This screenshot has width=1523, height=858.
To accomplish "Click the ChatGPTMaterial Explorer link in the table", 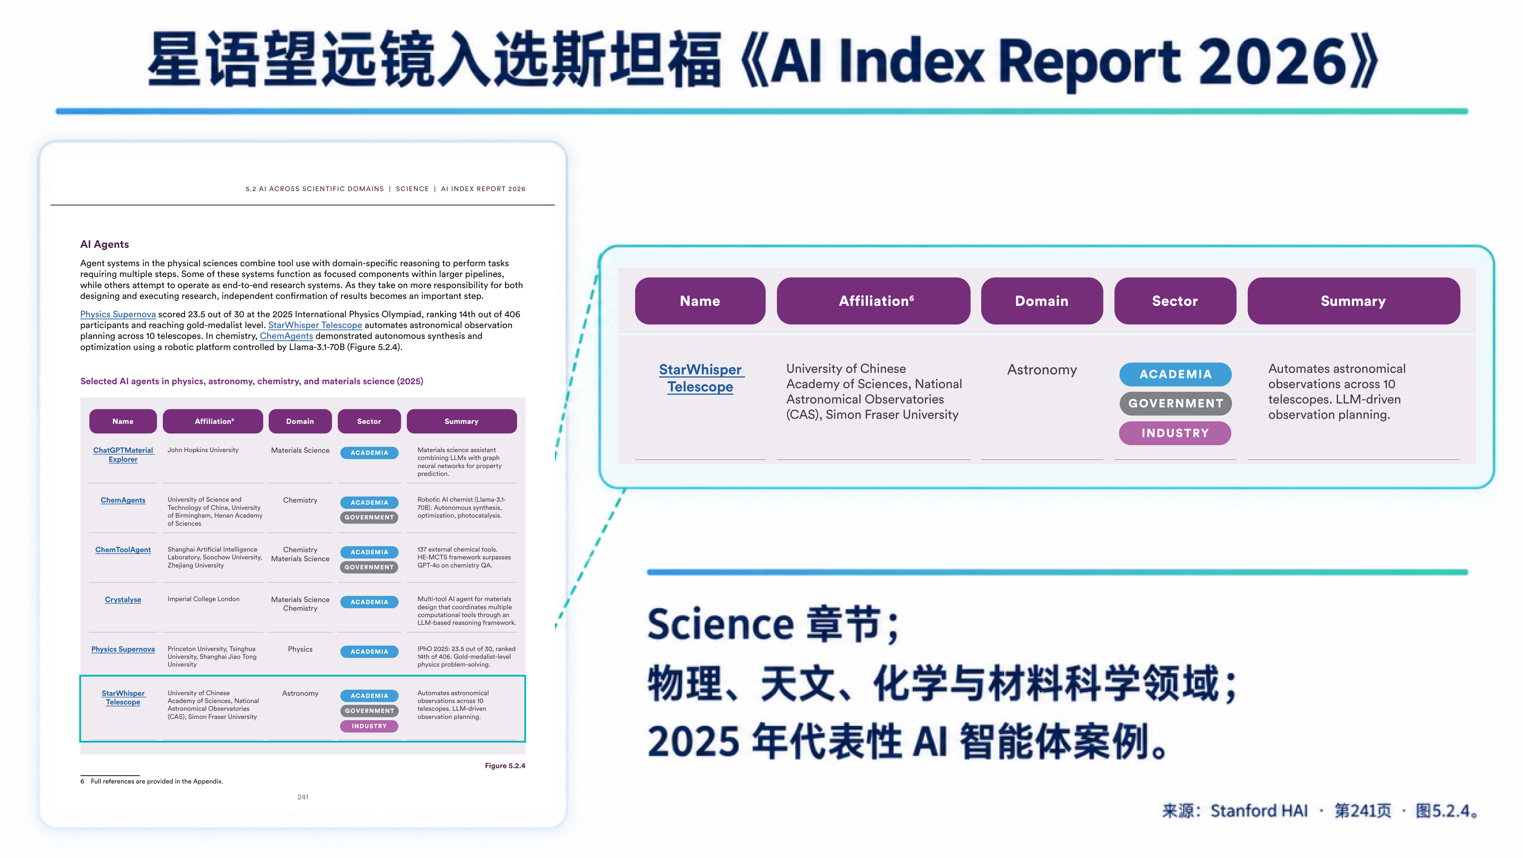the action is point(123,455).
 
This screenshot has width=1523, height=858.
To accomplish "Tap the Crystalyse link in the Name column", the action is point(123,600).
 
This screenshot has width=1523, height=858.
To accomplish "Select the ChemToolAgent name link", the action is point(123,550).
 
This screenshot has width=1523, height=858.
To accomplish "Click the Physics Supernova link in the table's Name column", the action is point(123,649).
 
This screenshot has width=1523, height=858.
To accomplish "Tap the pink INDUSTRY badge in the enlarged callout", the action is point(1175,433).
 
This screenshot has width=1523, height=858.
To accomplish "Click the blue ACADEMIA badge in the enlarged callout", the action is point(1175,374).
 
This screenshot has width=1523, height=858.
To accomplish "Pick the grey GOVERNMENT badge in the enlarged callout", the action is point(1175,403).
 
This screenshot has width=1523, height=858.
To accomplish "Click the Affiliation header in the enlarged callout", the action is point(873,301).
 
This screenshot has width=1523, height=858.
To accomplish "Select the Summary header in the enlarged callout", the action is point(1353,301).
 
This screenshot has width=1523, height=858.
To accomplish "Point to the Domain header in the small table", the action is point(300,421).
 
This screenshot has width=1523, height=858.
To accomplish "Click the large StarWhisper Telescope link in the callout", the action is point(701,378).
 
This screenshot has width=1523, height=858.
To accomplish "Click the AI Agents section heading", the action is point(105,244).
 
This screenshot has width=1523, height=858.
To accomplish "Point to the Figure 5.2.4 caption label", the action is point(505,766).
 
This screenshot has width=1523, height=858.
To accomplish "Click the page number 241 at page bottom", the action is point(303,797).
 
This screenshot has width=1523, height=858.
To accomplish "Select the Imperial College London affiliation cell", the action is point(203,599).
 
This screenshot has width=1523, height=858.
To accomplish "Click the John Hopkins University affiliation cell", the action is point(203,450).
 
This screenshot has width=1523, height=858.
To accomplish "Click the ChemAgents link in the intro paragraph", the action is point(286,336).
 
